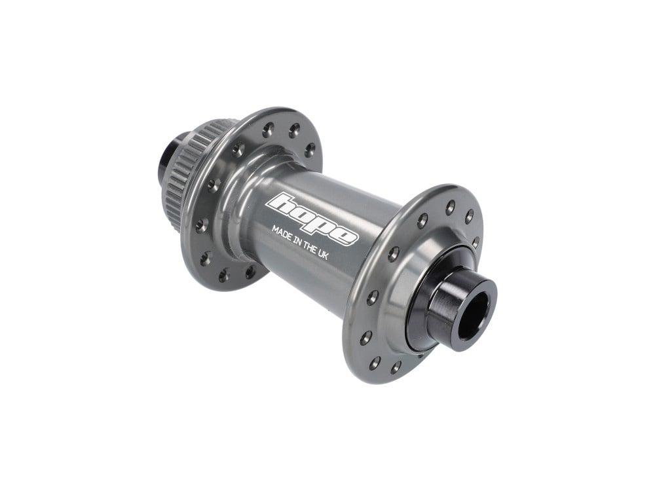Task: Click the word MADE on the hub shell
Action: [x=283, y=232]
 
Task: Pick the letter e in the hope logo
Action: [x=345, y=236]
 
